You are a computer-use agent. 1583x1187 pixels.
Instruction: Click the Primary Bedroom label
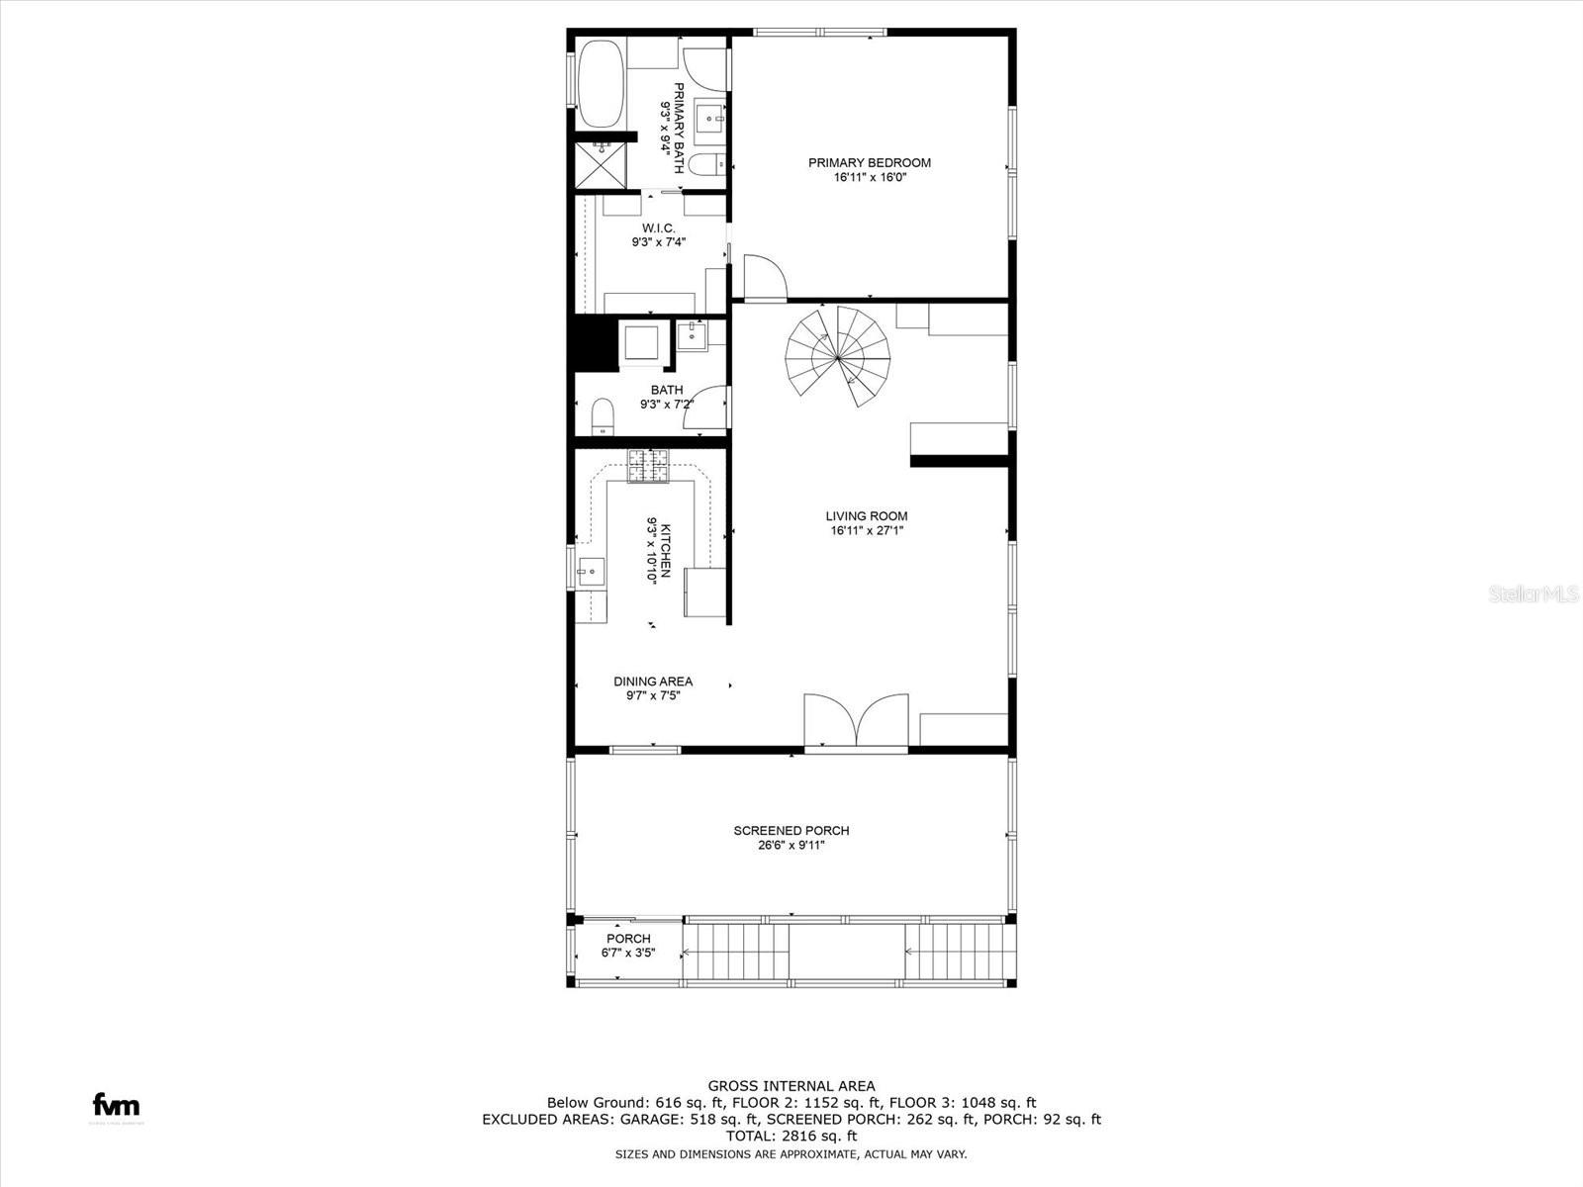(x=869, y=163)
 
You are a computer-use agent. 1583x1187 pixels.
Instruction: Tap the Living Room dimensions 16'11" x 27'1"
(x=867, y=531)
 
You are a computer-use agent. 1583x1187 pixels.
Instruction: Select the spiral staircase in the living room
(x=838, y=356)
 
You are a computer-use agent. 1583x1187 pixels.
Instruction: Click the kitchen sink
(x=591, y=570)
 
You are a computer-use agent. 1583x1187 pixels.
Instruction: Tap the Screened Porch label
(x=791, y=831)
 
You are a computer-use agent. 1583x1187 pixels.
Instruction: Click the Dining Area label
(x=653, y=682)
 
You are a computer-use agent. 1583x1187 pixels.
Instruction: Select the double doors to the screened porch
(x=856, y=720)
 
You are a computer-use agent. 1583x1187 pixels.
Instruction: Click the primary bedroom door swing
(x=763, y=277)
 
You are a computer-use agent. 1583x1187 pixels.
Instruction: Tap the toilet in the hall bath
(x=603, y=416)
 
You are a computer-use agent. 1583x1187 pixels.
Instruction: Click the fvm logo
(x=116, y=1105)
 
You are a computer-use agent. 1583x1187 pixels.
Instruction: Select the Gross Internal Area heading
(x=791, y=1086)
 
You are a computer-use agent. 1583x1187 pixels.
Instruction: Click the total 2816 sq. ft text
(x=791, y=1137)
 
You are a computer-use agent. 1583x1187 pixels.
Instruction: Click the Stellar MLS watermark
(x=1534, y=594)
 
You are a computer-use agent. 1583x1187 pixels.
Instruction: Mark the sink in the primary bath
(x=710, y=118)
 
